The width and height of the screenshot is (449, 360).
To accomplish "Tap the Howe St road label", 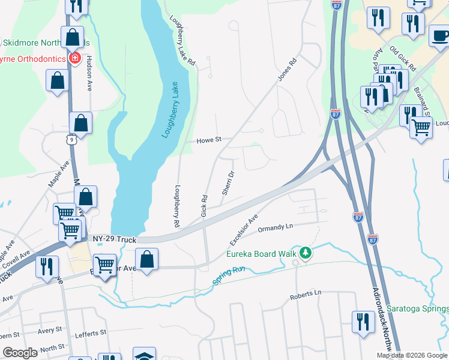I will pos(209,140).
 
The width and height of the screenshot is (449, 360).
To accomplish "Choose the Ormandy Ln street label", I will pos(275,228).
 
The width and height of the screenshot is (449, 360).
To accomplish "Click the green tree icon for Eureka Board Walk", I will pos(306,253).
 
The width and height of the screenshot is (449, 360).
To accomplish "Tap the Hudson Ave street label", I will pos(89,73).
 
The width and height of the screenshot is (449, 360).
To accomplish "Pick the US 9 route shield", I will pos(70,139).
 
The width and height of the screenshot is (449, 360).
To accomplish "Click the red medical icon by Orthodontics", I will pos(75,58).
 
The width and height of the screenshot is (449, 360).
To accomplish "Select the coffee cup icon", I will pos(441,35).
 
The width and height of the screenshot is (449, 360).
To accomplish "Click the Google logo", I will pos(20,353).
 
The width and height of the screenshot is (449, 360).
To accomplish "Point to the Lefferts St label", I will pos(91,332).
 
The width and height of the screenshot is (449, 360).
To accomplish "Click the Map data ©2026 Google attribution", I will pos(411,355).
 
